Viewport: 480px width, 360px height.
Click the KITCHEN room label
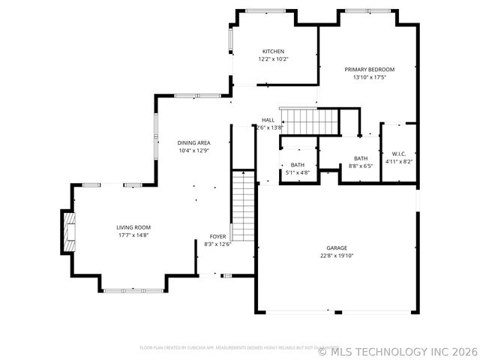tap(273, 51)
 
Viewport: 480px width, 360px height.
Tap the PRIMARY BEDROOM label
tap(369, 69)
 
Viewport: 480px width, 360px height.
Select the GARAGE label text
tap(337, 247)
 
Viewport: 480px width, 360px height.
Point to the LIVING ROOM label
tap(133, 227)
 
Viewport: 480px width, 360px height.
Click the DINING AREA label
tap(193, 142)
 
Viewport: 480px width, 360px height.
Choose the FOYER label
tap(217, 236)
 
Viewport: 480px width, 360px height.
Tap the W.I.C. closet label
tap(398, 154)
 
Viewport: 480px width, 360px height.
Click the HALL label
tap(268, 120)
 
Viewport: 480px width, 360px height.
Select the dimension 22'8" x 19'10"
tap(337, 256)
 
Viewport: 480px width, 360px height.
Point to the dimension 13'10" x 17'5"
tap(369, 77)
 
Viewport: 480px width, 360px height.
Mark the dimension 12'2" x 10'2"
tap(273, 59)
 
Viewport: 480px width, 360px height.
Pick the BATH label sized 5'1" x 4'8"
tap(298, 165)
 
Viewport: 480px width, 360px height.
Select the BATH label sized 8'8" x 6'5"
tap(361, 158)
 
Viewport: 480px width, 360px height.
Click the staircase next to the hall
tap(308, 120)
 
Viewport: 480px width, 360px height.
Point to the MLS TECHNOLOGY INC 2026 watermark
tap(397, 350)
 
